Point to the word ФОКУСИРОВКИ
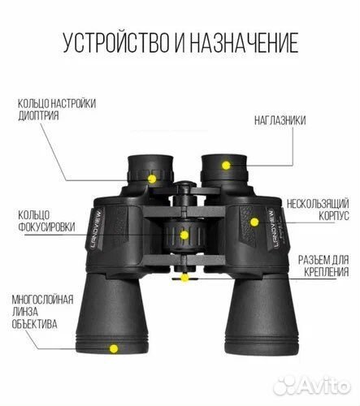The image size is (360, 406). click(x=46, y=228)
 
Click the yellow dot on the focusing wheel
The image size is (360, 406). click(x=184, y=235)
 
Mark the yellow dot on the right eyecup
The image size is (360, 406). click(x=227, y=165)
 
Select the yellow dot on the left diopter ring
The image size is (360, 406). click(x=152, y=178)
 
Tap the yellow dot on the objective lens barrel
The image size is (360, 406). click(x=114, y=348)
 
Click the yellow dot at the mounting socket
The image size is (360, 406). click(x=185, y=279)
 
